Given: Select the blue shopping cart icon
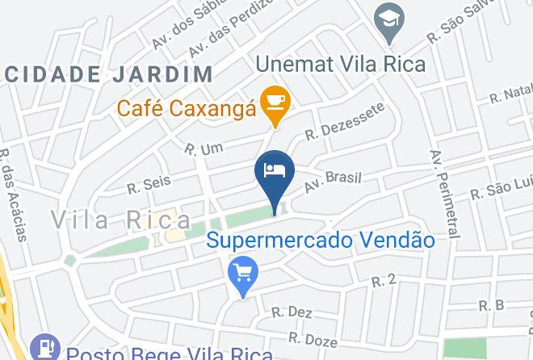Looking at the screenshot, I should click(x=241, y=273).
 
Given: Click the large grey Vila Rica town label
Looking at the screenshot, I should click(x=122, y=219).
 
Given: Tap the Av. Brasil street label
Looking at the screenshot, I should click(x=332, y=182).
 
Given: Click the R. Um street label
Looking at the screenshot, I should click(x=203, y=149).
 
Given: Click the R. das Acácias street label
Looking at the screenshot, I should click(x=12, y=194).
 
